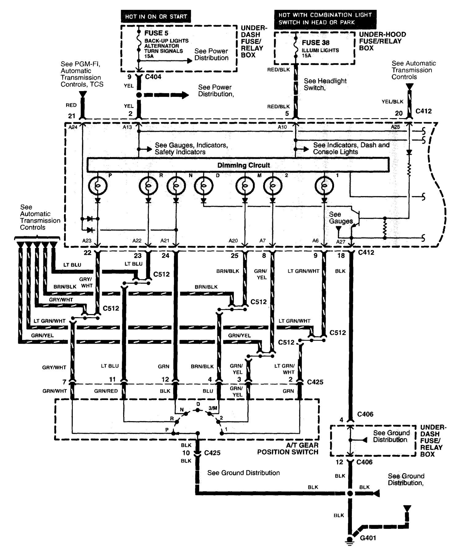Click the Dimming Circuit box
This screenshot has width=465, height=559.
[x=238, y=165]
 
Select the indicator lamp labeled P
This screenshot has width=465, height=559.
[x=97, y=186]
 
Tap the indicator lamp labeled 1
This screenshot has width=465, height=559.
[x=324, y=186]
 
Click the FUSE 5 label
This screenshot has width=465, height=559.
[x=156, y=33]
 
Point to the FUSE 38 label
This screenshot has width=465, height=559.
[x=316, y=42]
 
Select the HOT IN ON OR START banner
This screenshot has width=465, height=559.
[x=156, y=16]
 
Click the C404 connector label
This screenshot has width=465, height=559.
[x=153, y=77]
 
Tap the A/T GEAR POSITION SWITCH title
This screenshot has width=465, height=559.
[x=288, y=449]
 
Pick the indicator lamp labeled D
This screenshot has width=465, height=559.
[x=203, y=186]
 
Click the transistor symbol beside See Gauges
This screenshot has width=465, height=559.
[x=356, y=218]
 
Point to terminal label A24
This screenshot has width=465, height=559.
[x=73, y=127]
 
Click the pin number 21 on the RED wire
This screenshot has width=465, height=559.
[x=72, y=116]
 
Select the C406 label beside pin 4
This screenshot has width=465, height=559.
[x=365, y=414]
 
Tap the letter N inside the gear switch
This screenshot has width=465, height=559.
[x=182, y=410]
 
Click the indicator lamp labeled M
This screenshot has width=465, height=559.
[x=245, y=186]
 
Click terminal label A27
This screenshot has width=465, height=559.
[x=341, y=242]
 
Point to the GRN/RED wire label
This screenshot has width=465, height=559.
[x=106, y=391]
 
